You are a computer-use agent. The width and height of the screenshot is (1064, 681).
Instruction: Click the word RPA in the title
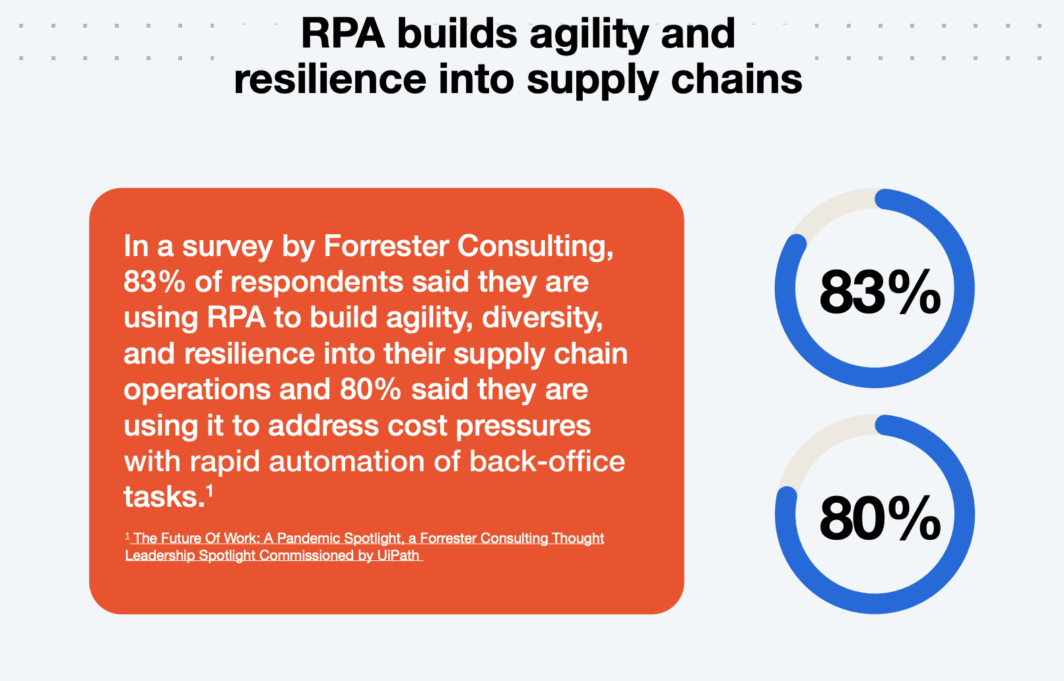(343, 33)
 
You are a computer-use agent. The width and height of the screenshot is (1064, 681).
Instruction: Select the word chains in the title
(737, 79)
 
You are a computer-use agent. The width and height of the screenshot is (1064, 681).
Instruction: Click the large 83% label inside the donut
(880, 292)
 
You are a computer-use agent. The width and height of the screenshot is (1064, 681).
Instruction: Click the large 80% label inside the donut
(880, 517)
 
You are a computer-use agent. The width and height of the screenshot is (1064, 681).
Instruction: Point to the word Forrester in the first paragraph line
(386, 246)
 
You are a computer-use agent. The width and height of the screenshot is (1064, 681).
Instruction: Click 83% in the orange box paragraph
(154, 282)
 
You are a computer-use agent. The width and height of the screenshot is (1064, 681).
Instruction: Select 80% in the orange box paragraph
(370, 389)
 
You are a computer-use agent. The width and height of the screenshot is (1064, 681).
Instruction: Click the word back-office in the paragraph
(547, 461)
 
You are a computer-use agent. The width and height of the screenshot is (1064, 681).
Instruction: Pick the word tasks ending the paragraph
(164, 497)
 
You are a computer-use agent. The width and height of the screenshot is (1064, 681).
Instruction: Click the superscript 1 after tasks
(209, 490)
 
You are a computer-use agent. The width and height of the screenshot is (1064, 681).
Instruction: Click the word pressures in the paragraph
(523, 426)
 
